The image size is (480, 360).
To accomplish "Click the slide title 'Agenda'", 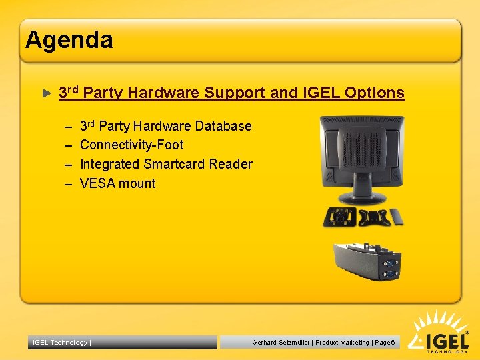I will click(x=69, y=41).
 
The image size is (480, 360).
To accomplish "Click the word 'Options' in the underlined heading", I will click(x=374, y=93).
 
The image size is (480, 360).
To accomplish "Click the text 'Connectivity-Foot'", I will click(x=131, y=145).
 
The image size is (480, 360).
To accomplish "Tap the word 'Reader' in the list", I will click(x=231, y=164).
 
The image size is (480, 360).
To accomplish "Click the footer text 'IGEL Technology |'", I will click(x=61, y=343).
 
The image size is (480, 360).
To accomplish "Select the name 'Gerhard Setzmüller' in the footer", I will click(x=281, y=343).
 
